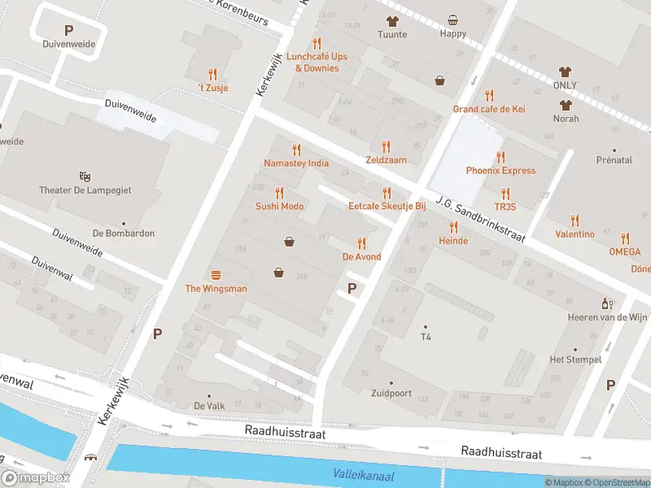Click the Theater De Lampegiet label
click(85, 190)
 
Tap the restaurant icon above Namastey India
click(296, 150)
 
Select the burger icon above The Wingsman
click(216, 275)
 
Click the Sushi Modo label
click(280, 207)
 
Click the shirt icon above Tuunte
click(391, 20)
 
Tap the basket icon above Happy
click(453, 20)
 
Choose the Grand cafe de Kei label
click(489, 109)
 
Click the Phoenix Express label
click(500, 171)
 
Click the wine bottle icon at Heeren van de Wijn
click(607, 303)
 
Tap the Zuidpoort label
click(390, 394)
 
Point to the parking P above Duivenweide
click(68, 30)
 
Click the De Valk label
click(208, 406)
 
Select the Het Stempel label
click(575, 359)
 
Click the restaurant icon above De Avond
click(361, 242)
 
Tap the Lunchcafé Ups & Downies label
click(317, 63)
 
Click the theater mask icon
click(85, 176)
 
